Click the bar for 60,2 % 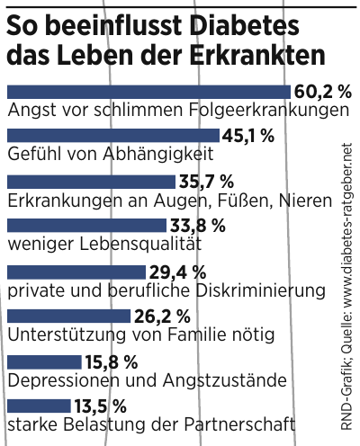148,91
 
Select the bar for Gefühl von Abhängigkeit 112,136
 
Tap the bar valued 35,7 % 90,181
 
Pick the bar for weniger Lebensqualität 85,225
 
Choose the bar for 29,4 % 76,271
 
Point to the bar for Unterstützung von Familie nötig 68,317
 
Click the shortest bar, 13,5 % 41,406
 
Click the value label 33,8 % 196,225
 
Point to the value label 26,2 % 162,317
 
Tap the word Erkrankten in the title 259,54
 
